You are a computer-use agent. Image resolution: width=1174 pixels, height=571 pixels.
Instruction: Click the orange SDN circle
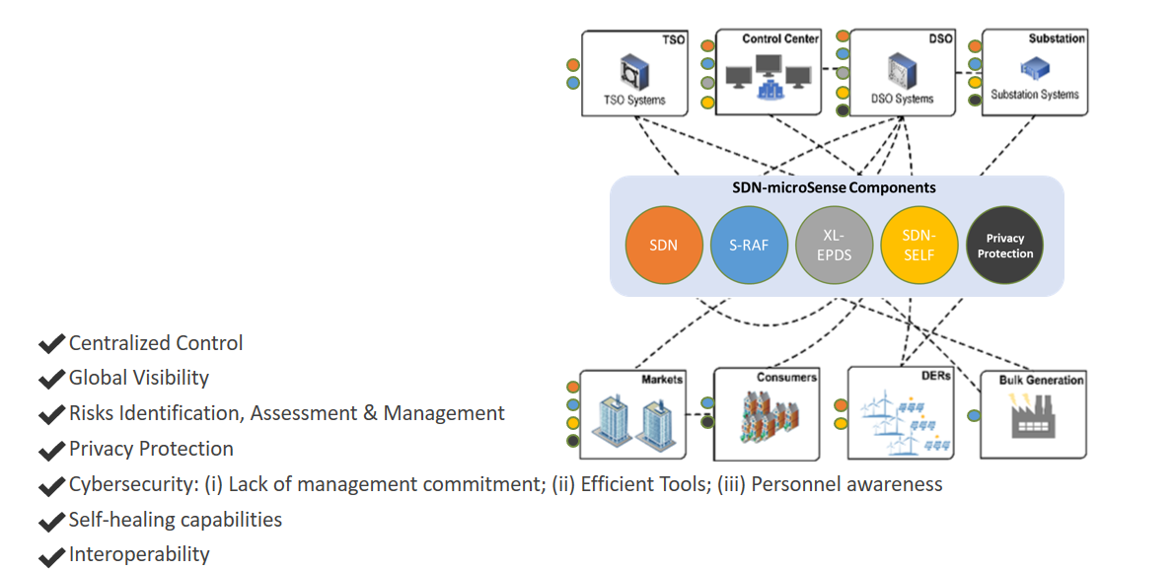[x=664, y=245]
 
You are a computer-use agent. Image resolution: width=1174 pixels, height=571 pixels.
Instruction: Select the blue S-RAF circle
[x=749, y=245]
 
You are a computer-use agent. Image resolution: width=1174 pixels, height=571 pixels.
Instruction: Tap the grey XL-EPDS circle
[x=835, y=245]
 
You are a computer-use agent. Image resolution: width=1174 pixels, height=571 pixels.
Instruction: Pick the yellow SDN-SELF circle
[x=918, y=245]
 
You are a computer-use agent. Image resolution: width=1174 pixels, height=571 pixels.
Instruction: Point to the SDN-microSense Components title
[x=837, y=187]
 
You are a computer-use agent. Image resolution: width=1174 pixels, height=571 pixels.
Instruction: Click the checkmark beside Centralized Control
[x=51, y=344]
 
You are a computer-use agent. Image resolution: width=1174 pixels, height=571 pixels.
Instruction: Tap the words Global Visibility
[x=139, y=378]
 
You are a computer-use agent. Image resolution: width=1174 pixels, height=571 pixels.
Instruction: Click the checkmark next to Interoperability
[x=51, y=556]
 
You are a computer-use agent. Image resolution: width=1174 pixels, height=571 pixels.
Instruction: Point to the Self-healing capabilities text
[x=176, y=520]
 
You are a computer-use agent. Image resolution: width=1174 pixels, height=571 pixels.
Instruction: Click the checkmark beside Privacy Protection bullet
[x=51, y=451]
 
